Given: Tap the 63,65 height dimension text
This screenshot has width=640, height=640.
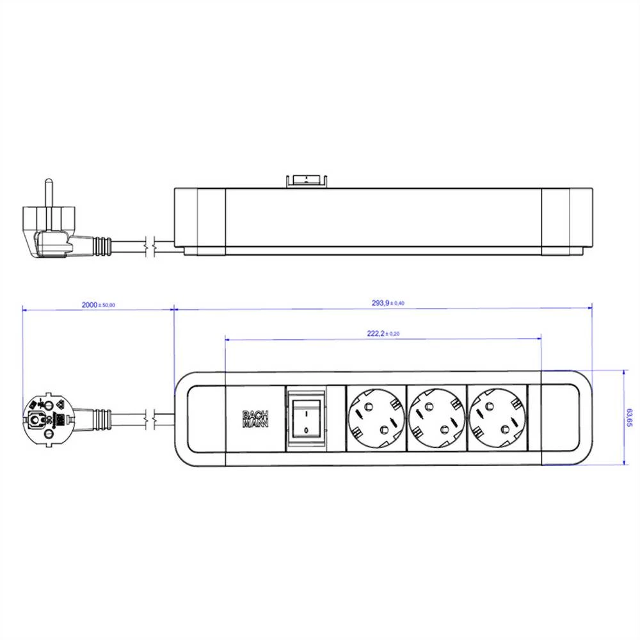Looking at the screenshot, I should [x=630, y=418].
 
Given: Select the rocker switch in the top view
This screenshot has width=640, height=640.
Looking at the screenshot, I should [x=307, y=418].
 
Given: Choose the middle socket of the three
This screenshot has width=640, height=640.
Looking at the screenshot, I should [x=435, y=418].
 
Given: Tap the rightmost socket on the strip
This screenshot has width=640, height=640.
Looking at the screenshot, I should [x=497, y=418].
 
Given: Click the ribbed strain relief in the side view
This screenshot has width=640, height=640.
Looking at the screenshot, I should [x=102, y=244].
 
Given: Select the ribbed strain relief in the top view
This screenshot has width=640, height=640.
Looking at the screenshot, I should [x=102, y=419].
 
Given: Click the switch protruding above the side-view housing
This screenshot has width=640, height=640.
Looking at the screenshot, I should [x=307, y=180].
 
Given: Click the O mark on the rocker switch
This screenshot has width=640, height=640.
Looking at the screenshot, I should [x=307, y=430].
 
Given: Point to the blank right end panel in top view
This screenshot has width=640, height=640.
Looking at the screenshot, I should [x=561, y=418].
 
